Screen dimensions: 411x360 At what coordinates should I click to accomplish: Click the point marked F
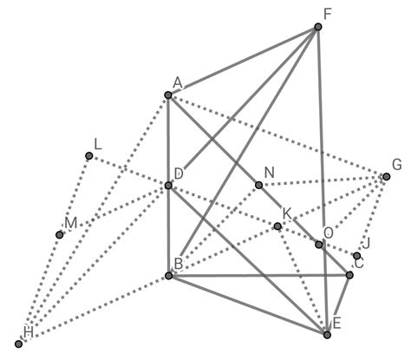(x=318, y=27)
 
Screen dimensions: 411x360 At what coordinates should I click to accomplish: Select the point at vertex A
(x=168, y=95)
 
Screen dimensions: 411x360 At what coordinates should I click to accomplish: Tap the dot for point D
(x=168, y=186)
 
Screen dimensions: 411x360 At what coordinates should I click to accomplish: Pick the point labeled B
(x=169, y=276)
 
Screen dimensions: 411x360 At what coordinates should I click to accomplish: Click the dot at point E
(x=327, y=335)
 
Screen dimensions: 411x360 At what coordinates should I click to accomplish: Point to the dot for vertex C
(x=349, y=275)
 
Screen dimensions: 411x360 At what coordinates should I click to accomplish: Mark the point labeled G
(x=387, y=176)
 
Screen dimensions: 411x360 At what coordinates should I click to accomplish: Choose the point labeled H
(x=19, y=344)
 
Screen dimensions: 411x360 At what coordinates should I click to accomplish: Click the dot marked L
(x=89, y=156)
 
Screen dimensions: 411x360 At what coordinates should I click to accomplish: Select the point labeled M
(x=60, y=235)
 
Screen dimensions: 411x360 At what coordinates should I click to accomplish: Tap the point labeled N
(x=259, y=185)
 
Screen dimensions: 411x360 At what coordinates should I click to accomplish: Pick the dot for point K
(x=277, y=226)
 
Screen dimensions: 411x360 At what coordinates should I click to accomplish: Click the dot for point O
(x=318, y=245)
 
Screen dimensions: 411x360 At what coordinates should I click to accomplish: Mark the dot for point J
(x=357, y=256)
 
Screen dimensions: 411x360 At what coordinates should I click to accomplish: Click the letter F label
(x=327, y=14)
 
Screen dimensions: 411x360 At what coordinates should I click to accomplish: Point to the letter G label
(x=397, y=165)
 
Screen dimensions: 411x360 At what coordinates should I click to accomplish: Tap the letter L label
(x=98, y=144)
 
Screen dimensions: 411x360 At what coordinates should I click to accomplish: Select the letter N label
(x=269, y=173)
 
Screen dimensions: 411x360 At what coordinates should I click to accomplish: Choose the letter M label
(x=71, y=223)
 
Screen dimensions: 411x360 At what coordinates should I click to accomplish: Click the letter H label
(x=29, y=332)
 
